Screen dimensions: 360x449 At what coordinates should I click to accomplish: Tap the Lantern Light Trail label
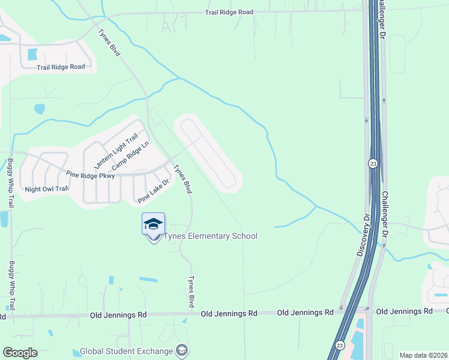116,151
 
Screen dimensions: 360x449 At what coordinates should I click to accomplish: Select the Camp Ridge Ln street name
130,155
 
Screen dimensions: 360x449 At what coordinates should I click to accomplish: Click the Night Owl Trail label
47,189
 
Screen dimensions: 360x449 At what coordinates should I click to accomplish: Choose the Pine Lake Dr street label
154,191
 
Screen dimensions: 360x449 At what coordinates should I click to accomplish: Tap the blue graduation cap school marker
153,224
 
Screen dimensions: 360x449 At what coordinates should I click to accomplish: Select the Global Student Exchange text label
131,350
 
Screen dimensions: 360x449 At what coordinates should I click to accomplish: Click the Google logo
20,353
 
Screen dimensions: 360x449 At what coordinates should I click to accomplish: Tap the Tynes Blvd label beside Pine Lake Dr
182,179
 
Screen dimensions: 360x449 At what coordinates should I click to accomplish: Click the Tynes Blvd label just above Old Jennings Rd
191,293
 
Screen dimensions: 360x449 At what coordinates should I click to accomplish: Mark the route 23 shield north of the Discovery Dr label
373,163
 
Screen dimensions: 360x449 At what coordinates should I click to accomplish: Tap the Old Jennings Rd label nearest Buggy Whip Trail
118,314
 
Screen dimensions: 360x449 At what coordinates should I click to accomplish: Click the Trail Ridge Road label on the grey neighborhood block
61,67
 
